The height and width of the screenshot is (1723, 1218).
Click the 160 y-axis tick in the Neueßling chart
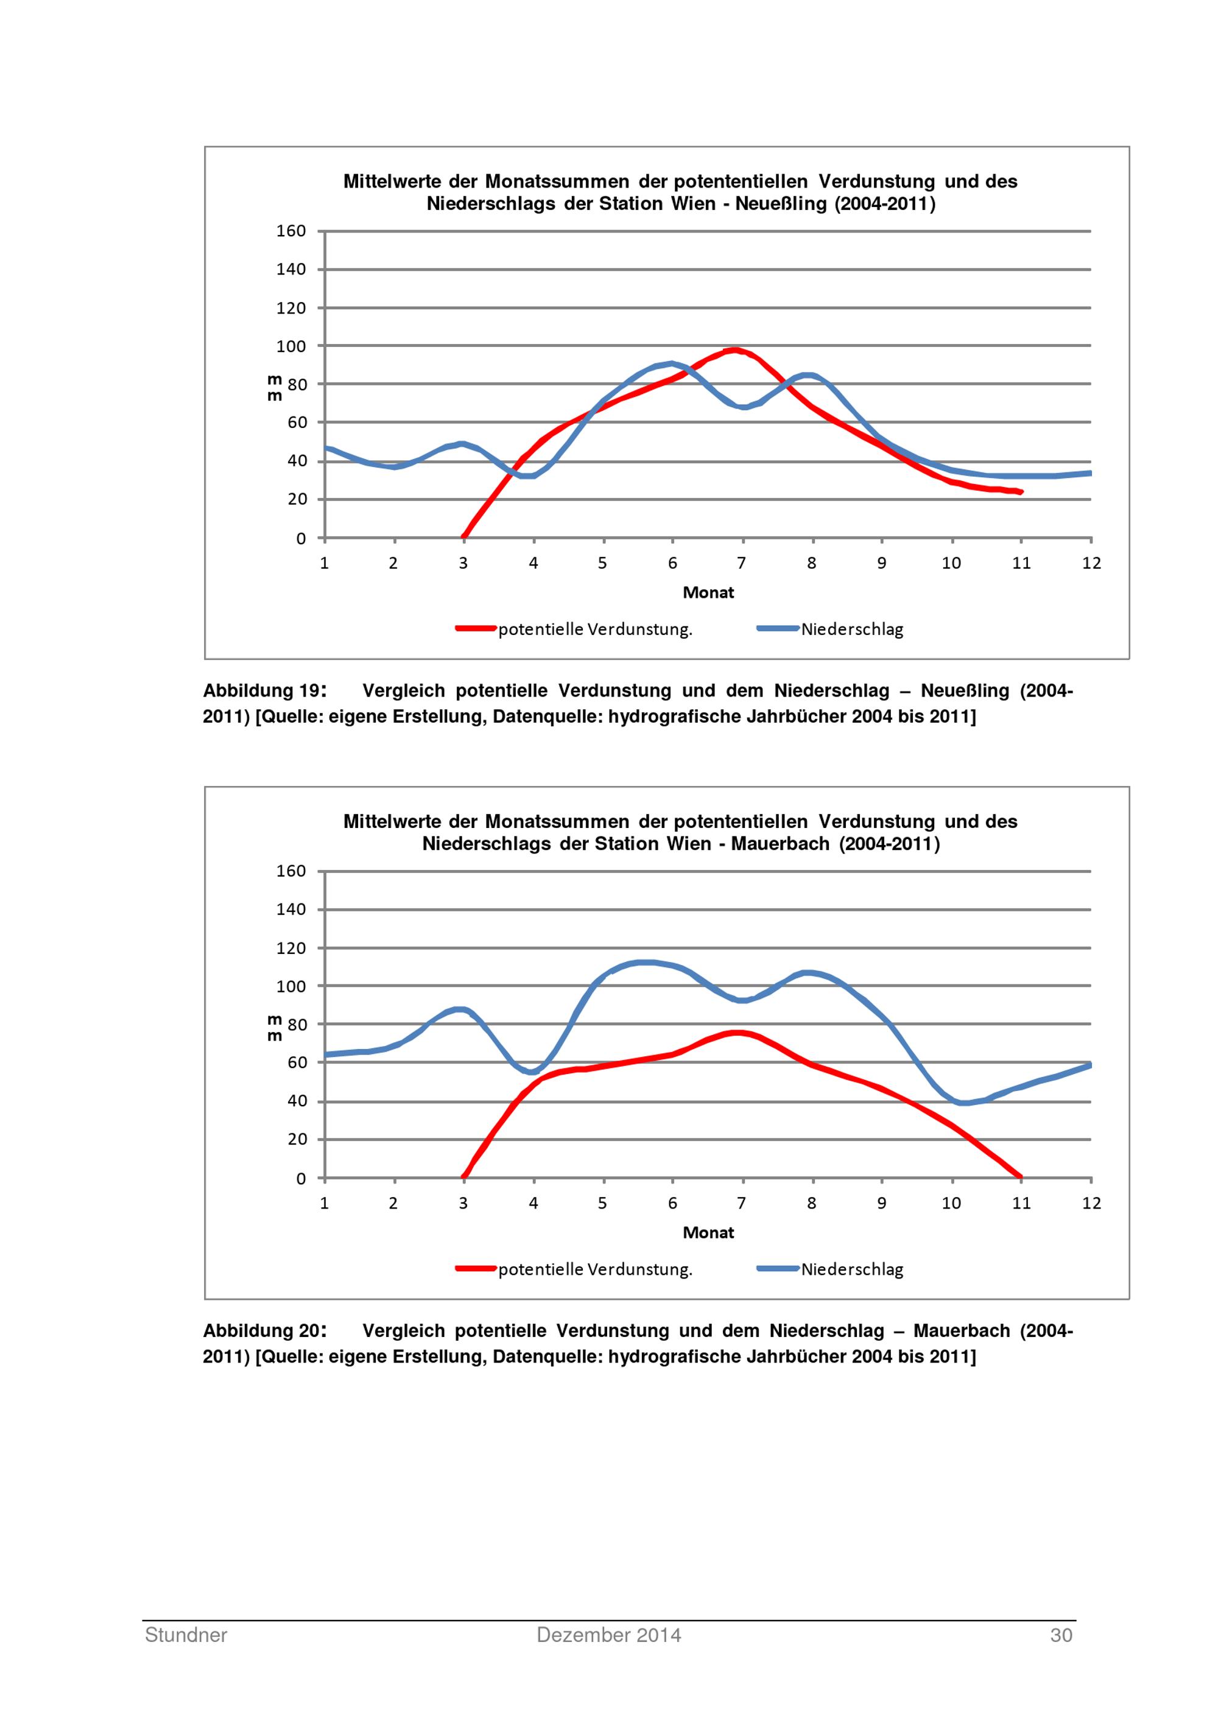coord(291,231)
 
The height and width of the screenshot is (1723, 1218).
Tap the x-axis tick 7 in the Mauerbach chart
coord(741,1203)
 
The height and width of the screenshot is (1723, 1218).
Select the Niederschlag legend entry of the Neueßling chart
coord(852,629)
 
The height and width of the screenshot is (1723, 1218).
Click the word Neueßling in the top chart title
coord(782,204)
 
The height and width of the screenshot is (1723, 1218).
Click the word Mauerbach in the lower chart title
coord(780,844)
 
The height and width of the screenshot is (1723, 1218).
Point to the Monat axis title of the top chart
coord(708,592)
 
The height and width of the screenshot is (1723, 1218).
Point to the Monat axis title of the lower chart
coord(708,1232)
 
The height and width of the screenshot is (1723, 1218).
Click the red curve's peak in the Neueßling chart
coord(734,349)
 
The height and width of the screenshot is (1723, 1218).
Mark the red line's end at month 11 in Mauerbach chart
coord(1020,1177)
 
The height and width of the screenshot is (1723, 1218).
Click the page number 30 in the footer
coord(1060,1635)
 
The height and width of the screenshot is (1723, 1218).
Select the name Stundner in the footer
coord(186,1635)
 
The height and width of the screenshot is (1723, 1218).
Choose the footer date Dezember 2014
coord(608,1635)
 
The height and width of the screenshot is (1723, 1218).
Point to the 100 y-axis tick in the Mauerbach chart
coord(291,987)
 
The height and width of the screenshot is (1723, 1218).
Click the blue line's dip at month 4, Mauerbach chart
coord(532,1072)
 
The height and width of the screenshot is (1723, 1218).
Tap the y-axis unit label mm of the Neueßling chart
coord(275,388)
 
